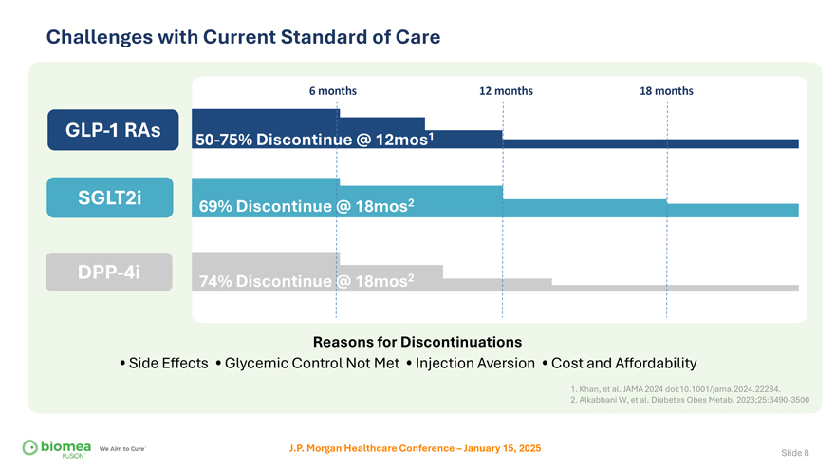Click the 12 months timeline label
(x=506, y=91)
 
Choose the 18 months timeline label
(x=666, y=91)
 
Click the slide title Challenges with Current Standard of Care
(x=243, y=37)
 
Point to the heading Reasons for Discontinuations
(x=417, y=341)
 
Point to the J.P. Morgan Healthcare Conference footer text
(x=415, y=447)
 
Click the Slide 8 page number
(x=794, y=452)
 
